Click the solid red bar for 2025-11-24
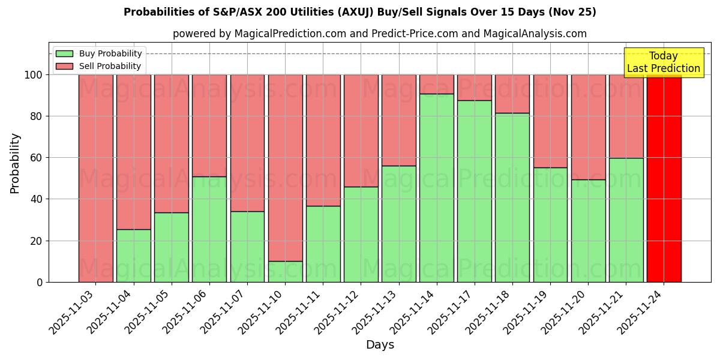point(664,178)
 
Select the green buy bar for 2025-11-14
point(437,188)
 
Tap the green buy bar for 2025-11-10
point(285,271)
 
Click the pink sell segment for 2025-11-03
point(95,178)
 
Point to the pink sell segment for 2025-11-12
point(361,131)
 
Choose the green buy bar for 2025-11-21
point(626,220)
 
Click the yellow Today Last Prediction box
point(664,62)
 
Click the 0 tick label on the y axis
point(40,282)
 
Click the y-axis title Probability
point(15,163)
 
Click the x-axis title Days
point(380,345)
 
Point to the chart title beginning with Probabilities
point(360,12)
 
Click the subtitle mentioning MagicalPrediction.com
point(379,34)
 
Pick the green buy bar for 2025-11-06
point(209,229)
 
